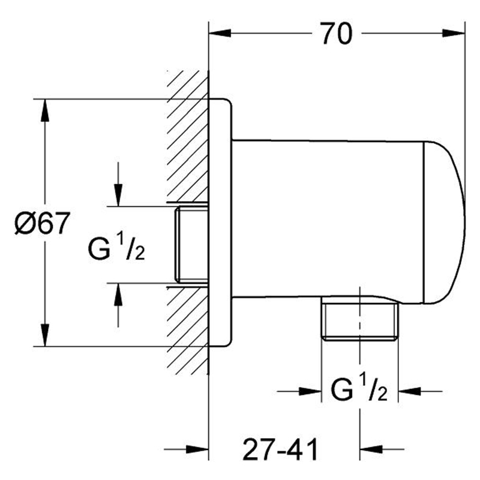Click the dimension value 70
tap(337, 33)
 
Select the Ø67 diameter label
tap(42, 223)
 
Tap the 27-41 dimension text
tap(280, 449)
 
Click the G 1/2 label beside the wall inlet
tap(116, 248)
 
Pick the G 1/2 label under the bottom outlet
tap(359, 388)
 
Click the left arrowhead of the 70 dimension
tap(220, 33)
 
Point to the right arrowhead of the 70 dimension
tap(454, 33)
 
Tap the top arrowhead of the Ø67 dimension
tap(45, 110)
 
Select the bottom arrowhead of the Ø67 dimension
tap(45, 335)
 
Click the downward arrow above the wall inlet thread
tap(118, 184)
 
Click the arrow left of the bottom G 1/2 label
tap(299, 391)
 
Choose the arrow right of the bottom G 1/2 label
tap(420, 391)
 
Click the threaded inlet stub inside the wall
tap(191, 244)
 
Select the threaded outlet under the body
tap(359, 319)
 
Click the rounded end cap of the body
tap(444, 223)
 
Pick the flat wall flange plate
tap(220, 223)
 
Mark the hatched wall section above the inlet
tap(187, 137)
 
